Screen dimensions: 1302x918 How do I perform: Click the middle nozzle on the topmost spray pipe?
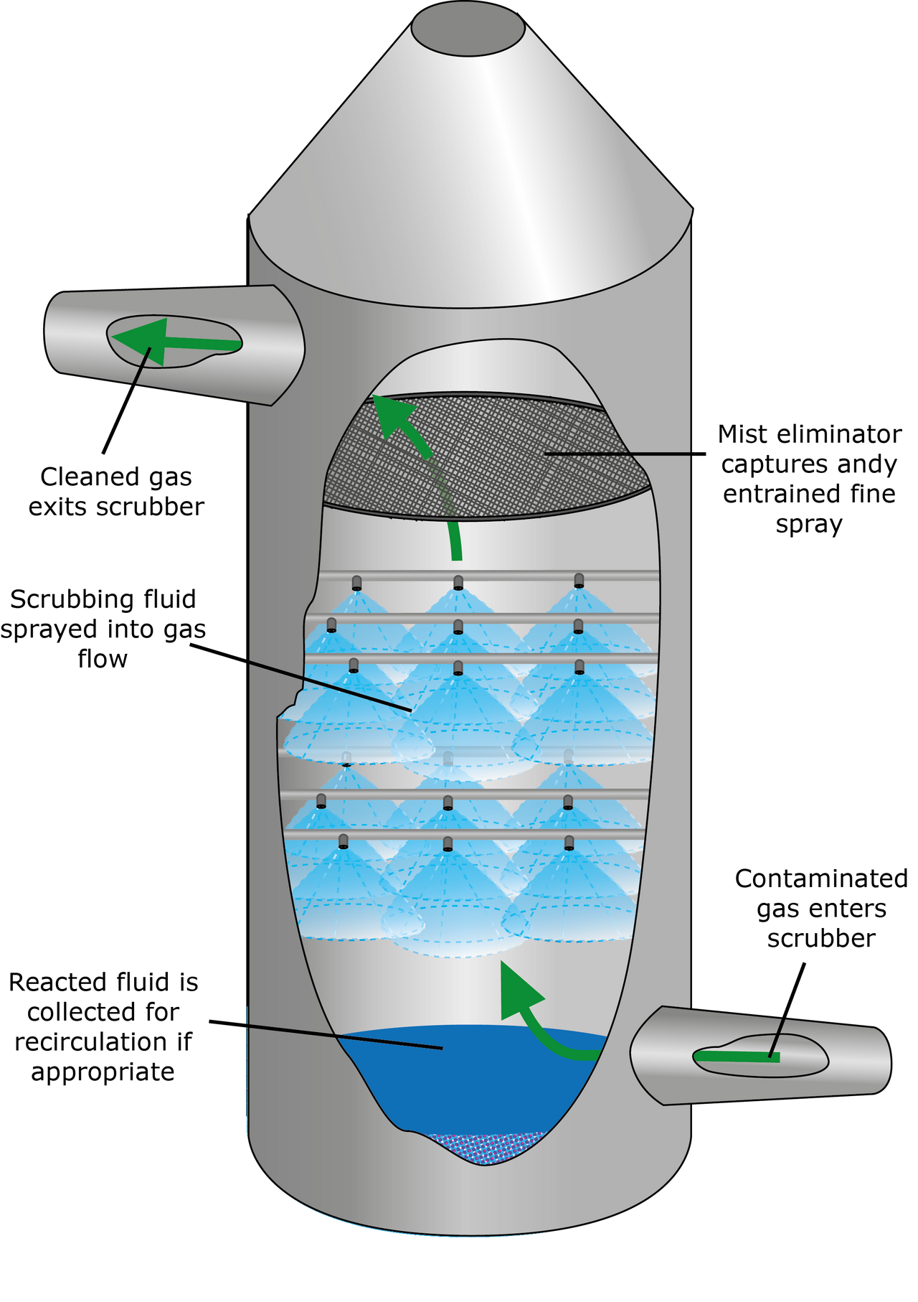point(458,583)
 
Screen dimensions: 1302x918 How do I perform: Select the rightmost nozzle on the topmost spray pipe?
point(579,581)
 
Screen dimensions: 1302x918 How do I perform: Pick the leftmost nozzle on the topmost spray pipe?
point(355,582)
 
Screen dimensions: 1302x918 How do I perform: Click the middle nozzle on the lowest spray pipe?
point(448,843)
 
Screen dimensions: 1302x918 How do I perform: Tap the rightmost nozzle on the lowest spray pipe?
point(569,842)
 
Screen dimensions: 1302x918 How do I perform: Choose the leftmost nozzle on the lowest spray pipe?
point(344,841)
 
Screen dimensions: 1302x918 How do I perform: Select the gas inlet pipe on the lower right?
point(760,1055)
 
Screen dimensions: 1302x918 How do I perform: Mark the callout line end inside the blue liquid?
point(442,1049)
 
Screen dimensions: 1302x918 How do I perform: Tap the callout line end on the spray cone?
point(410,711)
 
